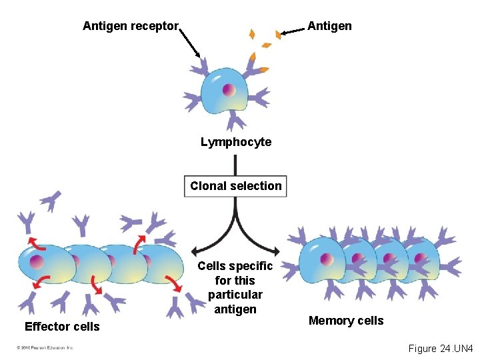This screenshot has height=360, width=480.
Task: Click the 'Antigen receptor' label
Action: pos(131,27)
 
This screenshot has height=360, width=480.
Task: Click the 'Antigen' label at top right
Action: pos(329,26)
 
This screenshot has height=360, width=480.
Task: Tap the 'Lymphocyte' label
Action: pos(236,142)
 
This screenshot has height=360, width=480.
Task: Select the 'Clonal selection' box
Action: pos(236,186)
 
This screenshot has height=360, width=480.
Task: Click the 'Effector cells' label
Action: pos(62,327)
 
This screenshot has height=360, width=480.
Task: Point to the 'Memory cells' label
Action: pos(346,321)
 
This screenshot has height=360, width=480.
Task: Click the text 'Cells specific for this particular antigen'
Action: pos(235,287)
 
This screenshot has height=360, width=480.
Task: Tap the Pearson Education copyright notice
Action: pos(45,348)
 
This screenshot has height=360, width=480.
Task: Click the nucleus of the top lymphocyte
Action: pos(229,89)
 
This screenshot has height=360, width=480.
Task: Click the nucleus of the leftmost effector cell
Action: pos(37,261)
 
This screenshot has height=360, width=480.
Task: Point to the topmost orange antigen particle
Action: pos(252,34)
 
